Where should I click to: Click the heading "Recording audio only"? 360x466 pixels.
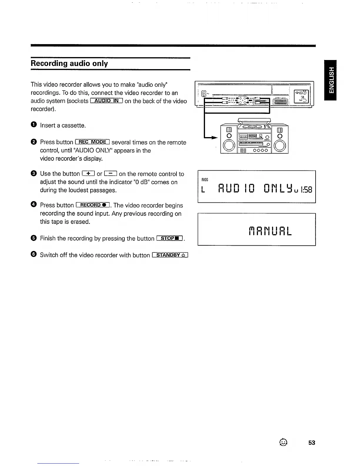pos(69,64)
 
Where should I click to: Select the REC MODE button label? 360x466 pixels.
pos(93,142)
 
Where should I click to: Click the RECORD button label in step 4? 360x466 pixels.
pos(93,205)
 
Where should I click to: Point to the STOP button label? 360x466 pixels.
pos(170,238)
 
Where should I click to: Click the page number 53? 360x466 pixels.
pos(312,443)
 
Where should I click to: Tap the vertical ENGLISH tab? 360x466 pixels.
pos(330,80)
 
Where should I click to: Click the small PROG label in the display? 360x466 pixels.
pos(205,179)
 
